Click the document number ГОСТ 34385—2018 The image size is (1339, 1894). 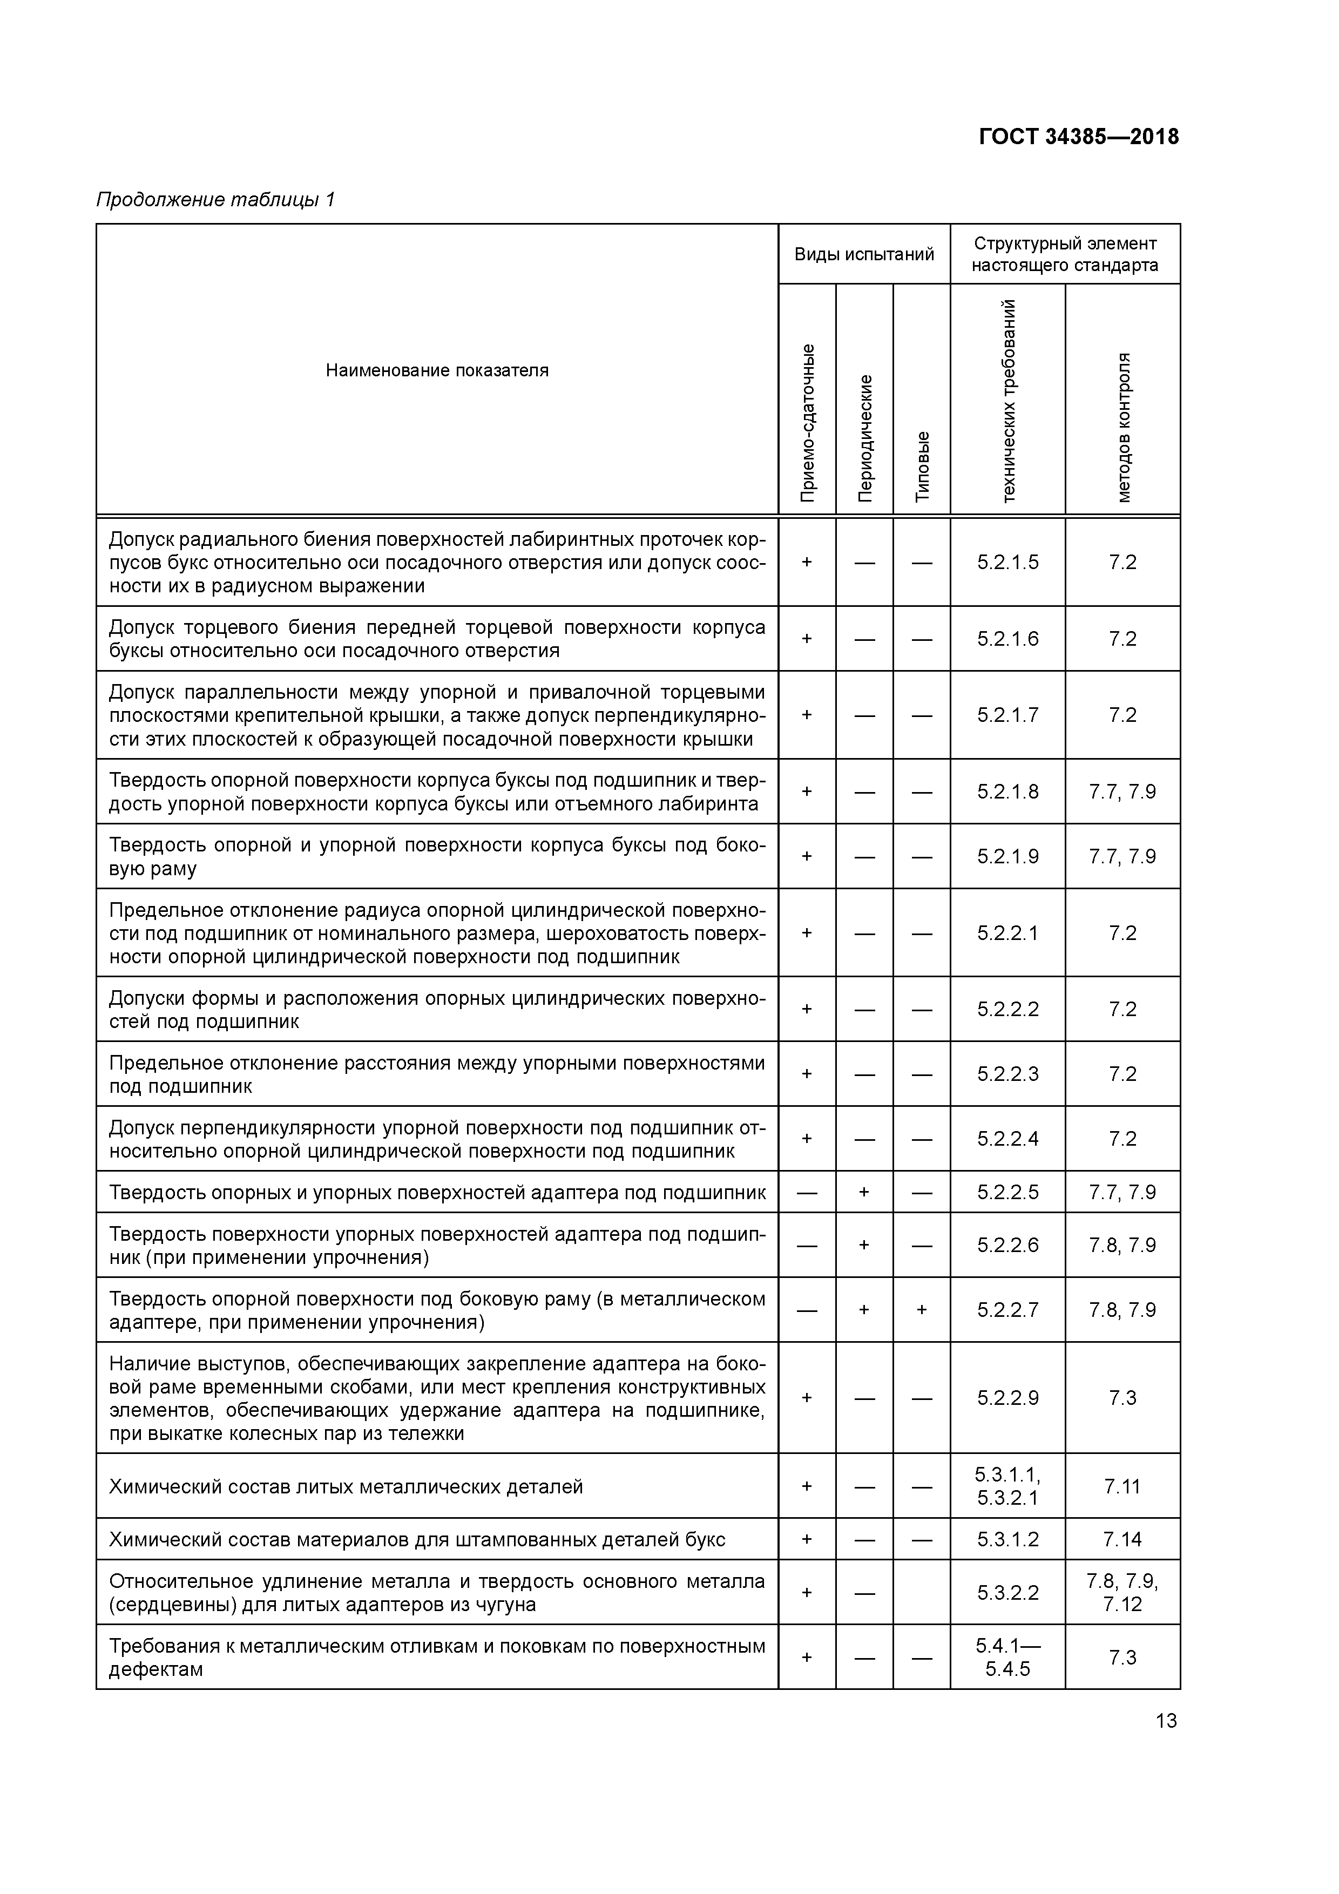click(x=1078, y=137)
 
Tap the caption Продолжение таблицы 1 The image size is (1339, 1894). click(x=216, y=200)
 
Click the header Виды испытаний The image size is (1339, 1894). click(x=864, y=254)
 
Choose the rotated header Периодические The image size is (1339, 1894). click(x=864, y=437)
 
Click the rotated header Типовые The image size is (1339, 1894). click(x=922, y=465)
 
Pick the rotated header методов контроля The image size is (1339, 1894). click(x=1123, y=427)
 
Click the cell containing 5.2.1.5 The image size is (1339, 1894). click(x=1007, y=562)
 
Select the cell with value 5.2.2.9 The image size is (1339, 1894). click(x=1007, y=1397)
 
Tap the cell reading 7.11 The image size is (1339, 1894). click(x=1122, y=1486)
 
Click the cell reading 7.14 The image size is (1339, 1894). click(x=1122, y=1539)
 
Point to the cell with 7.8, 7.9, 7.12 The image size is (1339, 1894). click(x=1122, y=1592)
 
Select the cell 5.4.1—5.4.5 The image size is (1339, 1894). click(x=1007, y=1658)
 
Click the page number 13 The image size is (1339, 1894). click(x=1166, y=1721)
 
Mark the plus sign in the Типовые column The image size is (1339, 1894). click(x=922, y=1310)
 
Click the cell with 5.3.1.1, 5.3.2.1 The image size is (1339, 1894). click(x=1007, y=1486)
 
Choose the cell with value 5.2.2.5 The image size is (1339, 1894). click(x=1007, y=1192)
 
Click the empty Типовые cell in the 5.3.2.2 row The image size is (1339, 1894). click(x=922, y=1592)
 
